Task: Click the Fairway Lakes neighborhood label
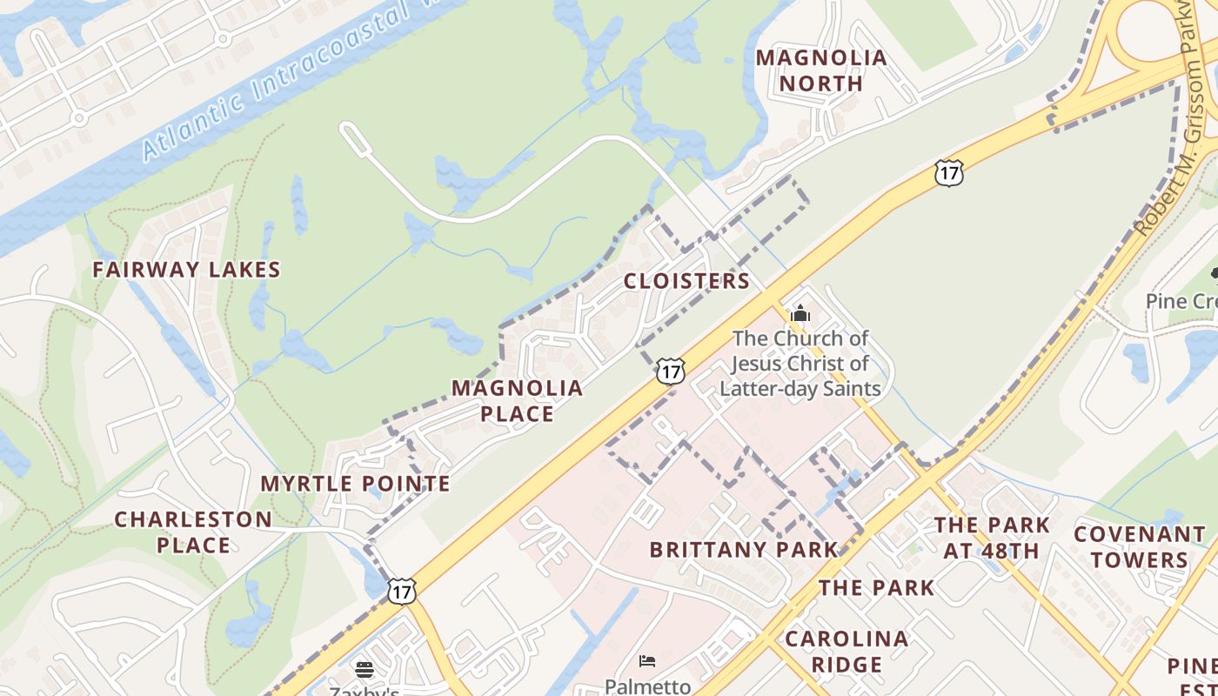click(x=186, y=270)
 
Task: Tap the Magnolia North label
click(x=821, y=70)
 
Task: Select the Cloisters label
click(x=686, y=281)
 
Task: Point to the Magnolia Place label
click(x=517, y=400)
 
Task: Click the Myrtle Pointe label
click(x=355, y=484)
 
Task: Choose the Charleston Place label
click(x=193, y=532)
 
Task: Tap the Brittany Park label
click(x=744, y=550)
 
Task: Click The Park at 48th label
click(x=992, y=538)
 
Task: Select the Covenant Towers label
click(x=1139, y=546)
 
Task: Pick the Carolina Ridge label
click(x=847, y=652)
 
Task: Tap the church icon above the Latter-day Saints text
click(x=800, y=313)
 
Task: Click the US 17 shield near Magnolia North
click(x=948, y=172)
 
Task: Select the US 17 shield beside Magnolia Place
click(x=670, y=371)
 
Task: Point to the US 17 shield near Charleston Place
click(x=401, y=592)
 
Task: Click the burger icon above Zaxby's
click(x=365, y=669)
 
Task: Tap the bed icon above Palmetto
click(x=646, y=661)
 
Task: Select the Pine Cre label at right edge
click(x=1181, y=301)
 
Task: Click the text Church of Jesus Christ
click(x=800, y=351)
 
